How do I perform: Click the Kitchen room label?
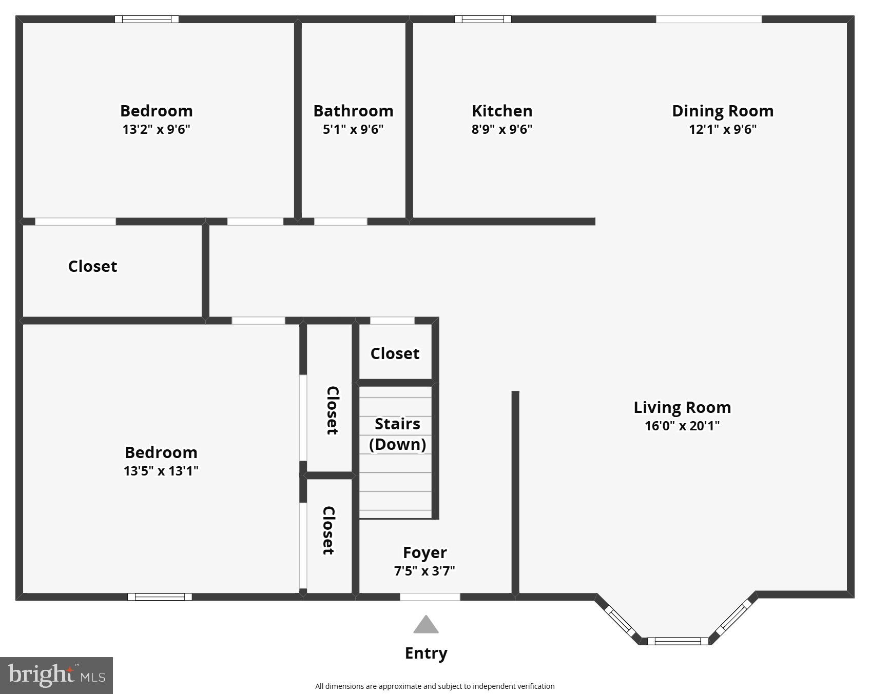501,111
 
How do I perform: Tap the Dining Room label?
722,111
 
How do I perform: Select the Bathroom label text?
353,111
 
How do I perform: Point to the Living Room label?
682,407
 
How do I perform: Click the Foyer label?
424,552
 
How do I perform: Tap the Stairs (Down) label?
397,434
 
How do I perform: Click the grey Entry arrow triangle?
426,625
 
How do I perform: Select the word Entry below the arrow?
426,653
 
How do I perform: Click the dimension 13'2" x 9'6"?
156,129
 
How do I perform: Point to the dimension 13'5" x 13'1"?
161,471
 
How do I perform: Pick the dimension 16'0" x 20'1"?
682,426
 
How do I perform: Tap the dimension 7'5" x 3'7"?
424,571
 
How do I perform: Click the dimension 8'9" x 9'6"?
501,129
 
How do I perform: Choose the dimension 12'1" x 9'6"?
722,129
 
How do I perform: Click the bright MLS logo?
56,675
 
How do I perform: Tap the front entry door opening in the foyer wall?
430,597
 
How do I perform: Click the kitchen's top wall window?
482,19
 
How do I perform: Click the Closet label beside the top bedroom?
92,266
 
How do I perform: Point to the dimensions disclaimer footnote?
435,686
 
